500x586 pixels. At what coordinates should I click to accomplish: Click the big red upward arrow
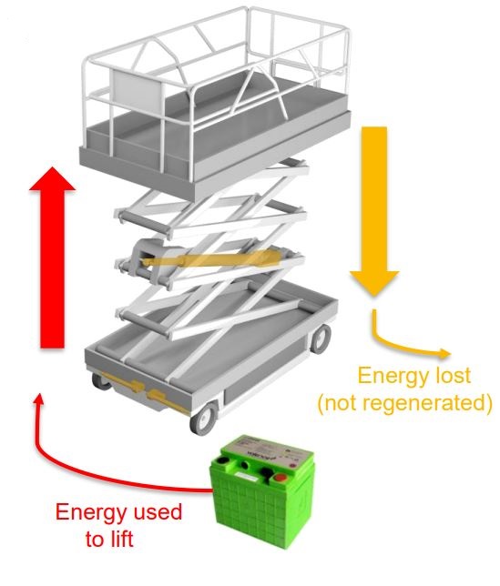pos(52,258)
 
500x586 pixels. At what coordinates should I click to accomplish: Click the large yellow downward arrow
pos(374,211)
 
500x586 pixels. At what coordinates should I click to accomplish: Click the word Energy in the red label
pos(93,511)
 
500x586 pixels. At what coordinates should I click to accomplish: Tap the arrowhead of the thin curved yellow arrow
pos(444,353)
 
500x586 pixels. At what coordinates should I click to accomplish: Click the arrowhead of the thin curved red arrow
pos(38,399)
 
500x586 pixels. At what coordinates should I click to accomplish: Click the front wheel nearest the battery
pos(204,418)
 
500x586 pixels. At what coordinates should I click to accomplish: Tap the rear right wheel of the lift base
pos(320,338)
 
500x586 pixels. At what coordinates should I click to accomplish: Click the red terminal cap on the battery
pos(279,478)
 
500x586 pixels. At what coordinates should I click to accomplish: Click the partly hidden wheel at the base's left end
pos(100,381)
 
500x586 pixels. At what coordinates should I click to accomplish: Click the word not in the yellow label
pos(342,403)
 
